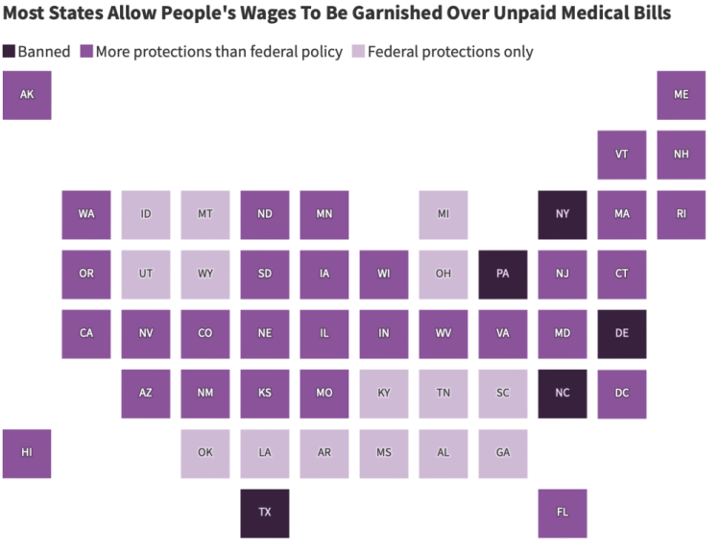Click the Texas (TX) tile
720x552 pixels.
[264, 513]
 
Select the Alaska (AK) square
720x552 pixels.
[27, 95]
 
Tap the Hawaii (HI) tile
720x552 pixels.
[27, 453]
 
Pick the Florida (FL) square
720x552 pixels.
[563, 513]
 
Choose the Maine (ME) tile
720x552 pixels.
[682, 95]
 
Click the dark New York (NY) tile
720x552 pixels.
[563, 214]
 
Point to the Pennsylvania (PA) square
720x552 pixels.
[503, 274]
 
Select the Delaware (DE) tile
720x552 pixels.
[622, 333]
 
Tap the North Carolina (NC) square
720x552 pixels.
[563, 394]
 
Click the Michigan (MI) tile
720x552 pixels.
[444, 214]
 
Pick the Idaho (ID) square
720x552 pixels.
[146, 214]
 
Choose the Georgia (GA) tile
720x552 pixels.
[503, 453]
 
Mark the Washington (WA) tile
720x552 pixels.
[86, 214]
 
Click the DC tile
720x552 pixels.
[622, 394]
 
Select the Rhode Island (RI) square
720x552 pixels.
[682, 214]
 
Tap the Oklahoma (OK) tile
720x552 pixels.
[205, 453]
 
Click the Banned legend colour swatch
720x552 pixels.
[9, 52]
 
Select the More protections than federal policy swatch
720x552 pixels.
[85, 52]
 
